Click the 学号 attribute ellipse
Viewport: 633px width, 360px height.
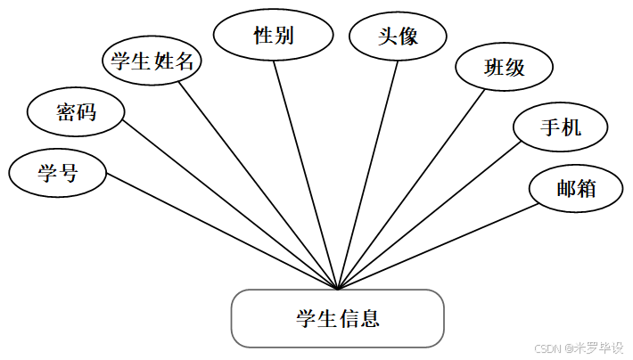pos(58,172)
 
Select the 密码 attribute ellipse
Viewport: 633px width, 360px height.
pos(76,112)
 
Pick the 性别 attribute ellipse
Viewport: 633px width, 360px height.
pos(274,37)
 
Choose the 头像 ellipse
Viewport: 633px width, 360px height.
pos(397,37)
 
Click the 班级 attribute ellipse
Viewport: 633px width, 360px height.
pos(504,67)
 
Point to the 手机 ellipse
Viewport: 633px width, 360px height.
pos(561,127)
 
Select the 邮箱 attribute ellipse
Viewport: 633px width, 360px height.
pos(575,188)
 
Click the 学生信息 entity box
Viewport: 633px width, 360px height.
pos(337,318)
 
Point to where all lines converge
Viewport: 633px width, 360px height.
pos(338,289)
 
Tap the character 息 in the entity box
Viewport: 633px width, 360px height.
pos(371,318)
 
